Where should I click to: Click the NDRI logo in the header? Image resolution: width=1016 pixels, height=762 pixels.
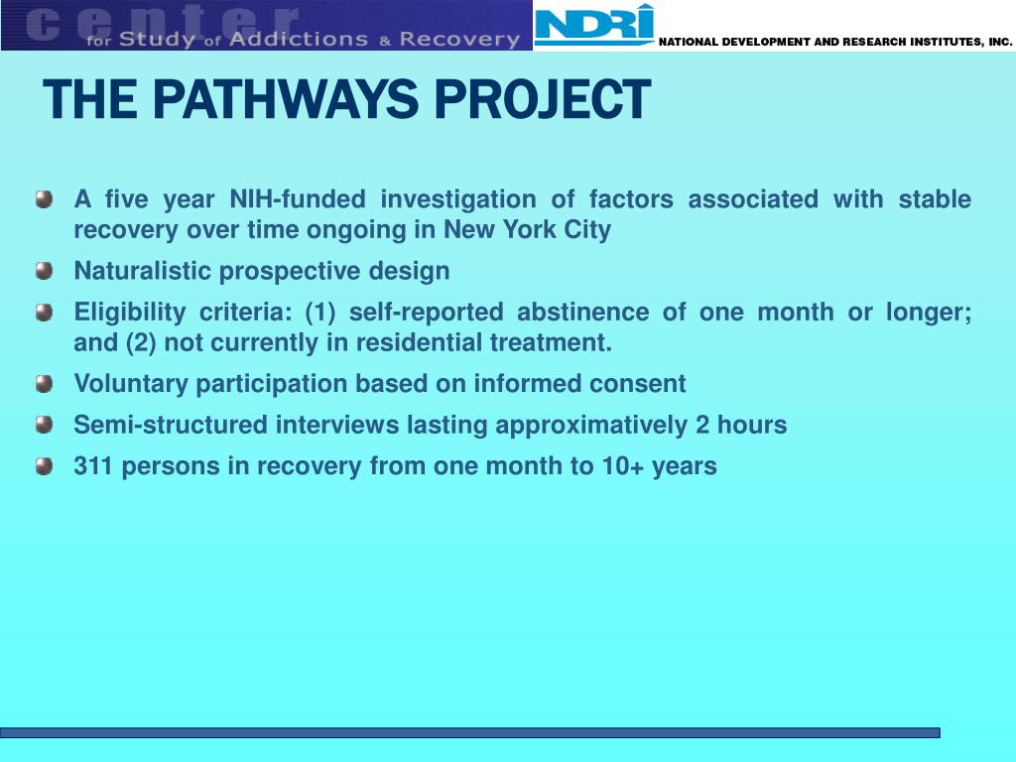[594, 25]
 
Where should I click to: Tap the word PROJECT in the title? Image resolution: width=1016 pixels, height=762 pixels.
[543, 99]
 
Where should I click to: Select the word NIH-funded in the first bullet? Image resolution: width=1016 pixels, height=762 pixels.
[298, 198]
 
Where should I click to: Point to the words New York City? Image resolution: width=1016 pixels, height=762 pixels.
[528, 230]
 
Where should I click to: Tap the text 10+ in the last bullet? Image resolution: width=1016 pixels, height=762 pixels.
[623, 466]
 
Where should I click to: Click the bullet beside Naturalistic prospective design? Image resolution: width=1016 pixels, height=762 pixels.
[44, 270]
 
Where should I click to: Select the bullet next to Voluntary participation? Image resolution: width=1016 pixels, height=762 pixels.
[44, 384]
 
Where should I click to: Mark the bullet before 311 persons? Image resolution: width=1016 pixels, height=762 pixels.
[44, 466]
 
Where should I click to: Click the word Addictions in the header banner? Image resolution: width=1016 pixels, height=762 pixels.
[298, 39]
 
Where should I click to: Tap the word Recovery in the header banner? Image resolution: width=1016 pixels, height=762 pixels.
[459, 40]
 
